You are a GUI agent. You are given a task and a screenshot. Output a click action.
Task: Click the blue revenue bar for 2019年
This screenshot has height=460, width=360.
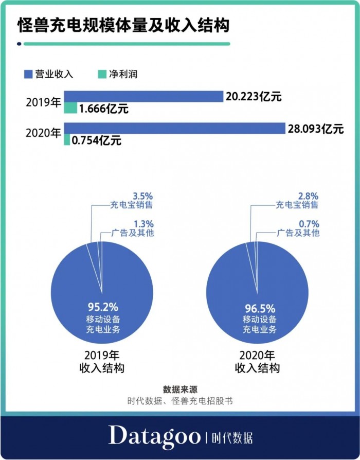[x=143, y=96]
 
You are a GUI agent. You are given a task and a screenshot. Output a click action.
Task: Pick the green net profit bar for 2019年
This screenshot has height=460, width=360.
[x=70, y=108]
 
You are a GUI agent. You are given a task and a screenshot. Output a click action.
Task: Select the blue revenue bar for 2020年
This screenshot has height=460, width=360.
[x=174, y=128]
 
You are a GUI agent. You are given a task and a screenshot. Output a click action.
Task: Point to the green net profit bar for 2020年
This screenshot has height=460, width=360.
[x=67, y=139]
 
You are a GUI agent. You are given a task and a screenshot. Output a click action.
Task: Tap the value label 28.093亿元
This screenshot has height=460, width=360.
[x=315, y=129]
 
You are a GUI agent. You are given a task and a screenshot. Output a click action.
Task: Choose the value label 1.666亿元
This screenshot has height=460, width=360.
[x=103, y=109]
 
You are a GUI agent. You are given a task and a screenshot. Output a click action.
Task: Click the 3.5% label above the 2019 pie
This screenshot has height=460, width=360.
[x=143, y=196]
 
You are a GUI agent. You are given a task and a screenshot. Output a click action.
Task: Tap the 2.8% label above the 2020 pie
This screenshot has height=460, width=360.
[x=308, y=196]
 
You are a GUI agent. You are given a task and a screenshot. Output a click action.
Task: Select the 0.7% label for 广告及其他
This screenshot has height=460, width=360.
[x=309, y=224]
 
